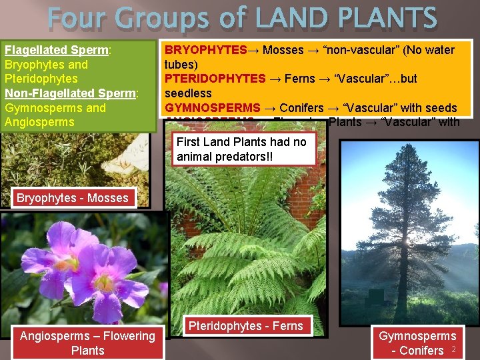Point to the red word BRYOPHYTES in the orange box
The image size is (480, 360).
205,50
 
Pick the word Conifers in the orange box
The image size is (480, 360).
301,107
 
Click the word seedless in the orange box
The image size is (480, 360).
187,93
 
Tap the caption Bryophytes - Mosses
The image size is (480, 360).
72,198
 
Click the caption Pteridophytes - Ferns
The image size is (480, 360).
245,326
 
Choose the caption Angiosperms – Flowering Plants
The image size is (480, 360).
87,343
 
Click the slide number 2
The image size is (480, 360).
453,349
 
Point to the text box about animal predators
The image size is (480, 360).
241,150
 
